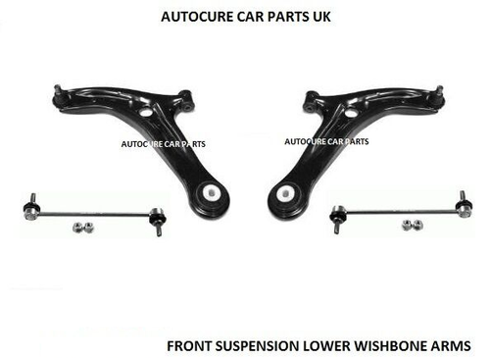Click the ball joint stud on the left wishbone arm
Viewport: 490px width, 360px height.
coord(55,92)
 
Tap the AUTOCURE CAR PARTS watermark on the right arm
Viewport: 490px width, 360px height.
coord(325,140)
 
